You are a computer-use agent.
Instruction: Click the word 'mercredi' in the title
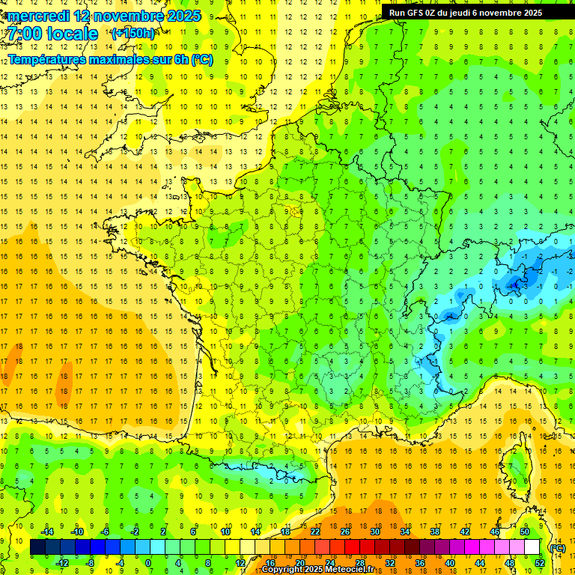coord(38,16)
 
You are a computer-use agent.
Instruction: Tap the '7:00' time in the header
coord(26,34)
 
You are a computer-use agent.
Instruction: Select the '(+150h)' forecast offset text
coord(133,33)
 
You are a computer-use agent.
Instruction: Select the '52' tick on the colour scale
coord(540,563)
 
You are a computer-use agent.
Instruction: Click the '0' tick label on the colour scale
coord(147,563)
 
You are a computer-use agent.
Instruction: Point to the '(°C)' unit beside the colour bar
coord(557,548)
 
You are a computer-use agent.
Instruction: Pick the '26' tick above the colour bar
coord(345,532)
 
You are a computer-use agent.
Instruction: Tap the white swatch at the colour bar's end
coord(532,547)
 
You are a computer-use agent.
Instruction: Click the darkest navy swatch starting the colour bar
coord(37,547)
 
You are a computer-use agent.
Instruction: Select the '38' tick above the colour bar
coord(435,532)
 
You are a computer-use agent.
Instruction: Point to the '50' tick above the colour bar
coord(525,532)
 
